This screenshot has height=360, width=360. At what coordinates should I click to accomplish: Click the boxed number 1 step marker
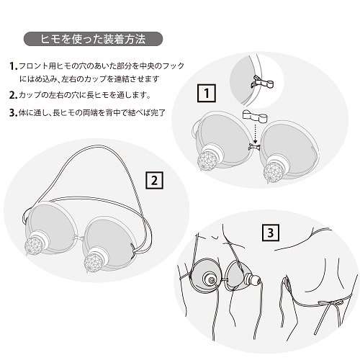point(207,92)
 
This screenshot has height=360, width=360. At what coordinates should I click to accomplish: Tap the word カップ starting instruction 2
point(30,94)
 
